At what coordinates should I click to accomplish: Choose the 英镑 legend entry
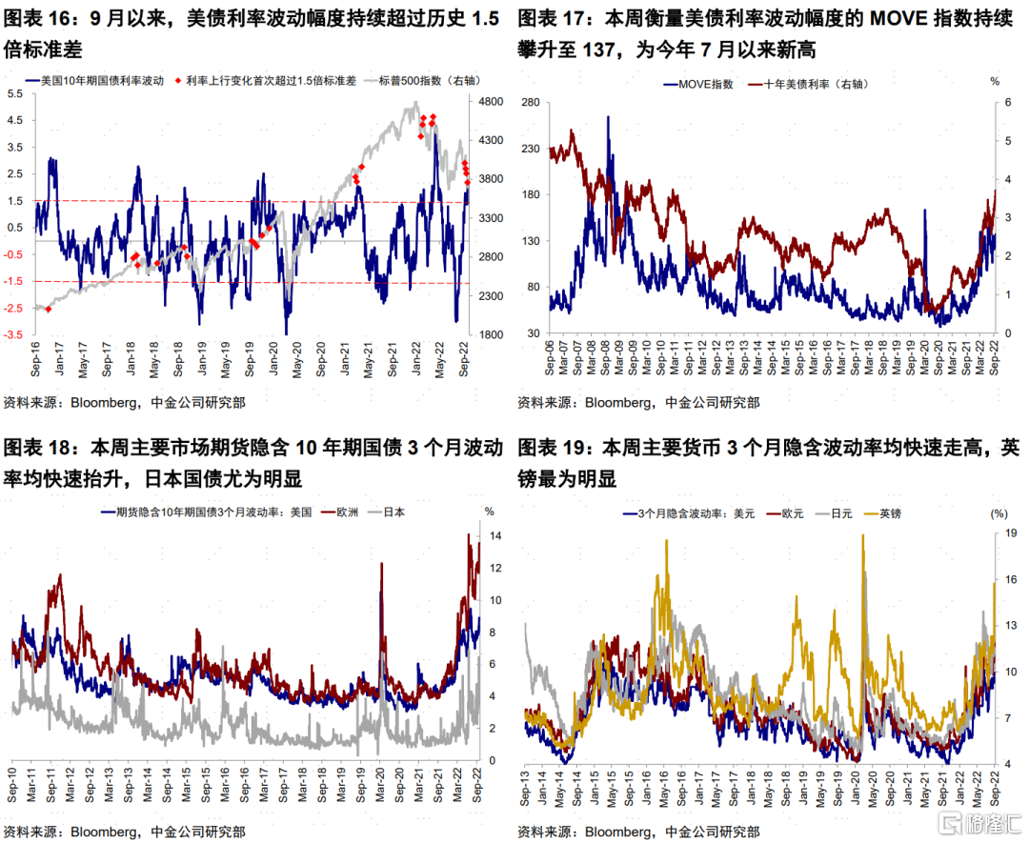(x=888, y=513)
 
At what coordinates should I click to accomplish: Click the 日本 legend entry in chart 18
(x=393, y=512)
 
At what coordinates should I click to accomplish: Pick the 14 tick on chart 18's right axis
(x=496, y=536)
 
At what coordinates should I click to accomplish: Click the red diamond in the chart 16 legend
(x=177, y=81)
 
